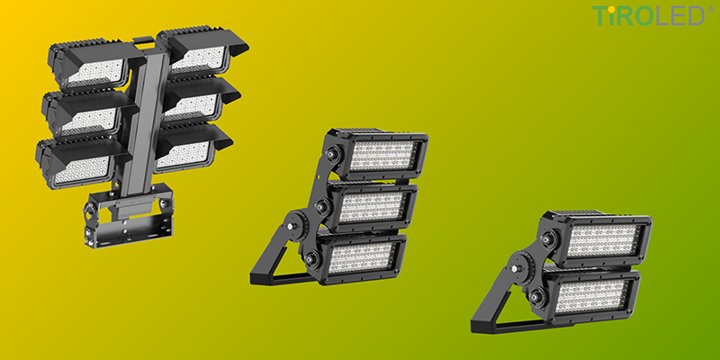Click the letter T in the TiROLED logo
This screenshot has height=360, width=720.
click(x=599, y=15)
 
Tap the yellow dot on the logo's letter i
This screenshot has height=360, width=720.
click(x=612, y=8)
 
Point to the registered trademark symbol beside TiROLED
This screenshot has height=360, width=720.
click(x=711, y=9)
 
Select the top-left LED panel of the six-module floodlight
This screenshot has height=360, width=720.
click(x=95, y=73)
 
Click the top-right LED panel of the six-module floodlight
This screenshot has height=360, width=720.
click(x=198, y=59)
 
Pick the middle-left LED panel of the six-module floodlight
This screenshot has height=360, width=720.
click(x=88, y=121)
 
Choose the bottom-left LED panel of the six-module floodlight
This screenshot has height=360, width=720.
click(x=82, y=169)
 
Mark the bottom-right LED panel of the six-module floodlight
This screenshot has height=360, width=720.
click(x=183, y=155)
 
